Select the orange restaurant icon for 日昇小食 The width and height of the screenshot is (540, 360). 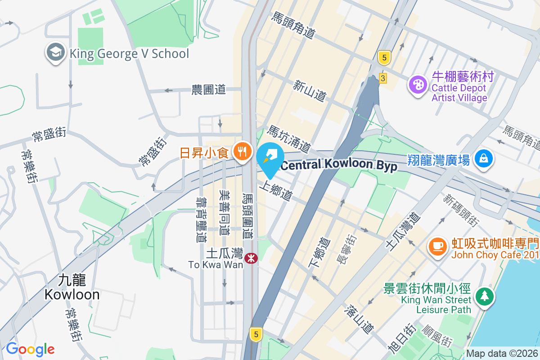coord(243,152)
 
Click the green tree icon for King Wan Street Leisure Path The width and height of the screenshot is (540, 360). coord(484,296)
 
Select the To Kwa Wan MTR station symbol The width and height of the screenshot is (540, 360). coord(251,258)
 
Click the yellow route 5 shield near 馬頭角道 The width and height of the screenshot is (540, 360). coord(383,57)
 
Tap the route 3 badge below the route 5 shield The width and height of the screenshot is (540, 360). coord(383,77)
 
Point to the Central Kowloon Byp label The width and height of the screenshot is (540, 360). coord(339,166)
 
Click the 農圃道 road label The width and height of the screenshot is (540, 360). coord(208,90)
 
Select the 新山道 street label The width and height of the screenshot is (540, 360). coord(309,90)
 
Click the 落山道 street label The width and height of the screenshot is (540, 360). coord(360,319)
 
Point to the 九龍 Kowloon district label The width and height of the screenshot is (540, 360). coord(72,288)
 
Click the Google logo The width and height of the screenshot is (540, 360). coord(30,349)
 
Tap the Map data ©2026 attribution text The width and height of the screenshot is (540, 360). coord(501,354)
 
